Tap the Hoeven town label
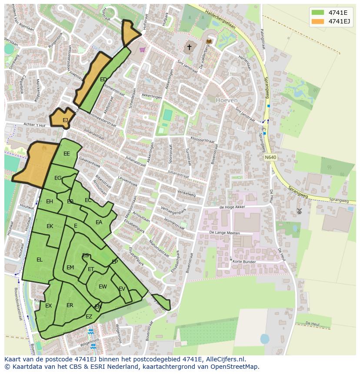pyautogui.click(x=227, y=100)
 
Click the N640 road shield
pyautogui.click(x=270, y=157)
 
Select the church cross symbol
pyautogui.click(x=189, y=47)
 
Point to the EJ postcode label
pyautogui.click(x=65, y=120)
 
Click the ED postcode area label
pyautogui.click(x=103, y=79)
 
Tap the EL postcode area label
pyautogui.click(x=40, y=260)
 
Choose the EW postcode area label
pyautogui.click(x=103, y=287)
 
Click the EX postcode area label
pyautogui.click(x=48, y=306)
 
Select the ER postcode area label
pyautogui.click(x=70, y=305)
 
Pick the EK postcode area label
pyautogui.click(x=50, y=226)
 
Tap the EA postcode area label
pyautogui.click(x=99, y=222)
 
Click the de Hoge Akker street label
pyautogui.click(x=232, y=207)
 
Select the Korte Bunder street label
pyautogui.click(x=244, y=262)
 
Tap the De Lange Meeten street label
pyautogui.click(x=224, y=233)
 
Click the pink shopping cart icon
pyautogui.click(x=142, y=50)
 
